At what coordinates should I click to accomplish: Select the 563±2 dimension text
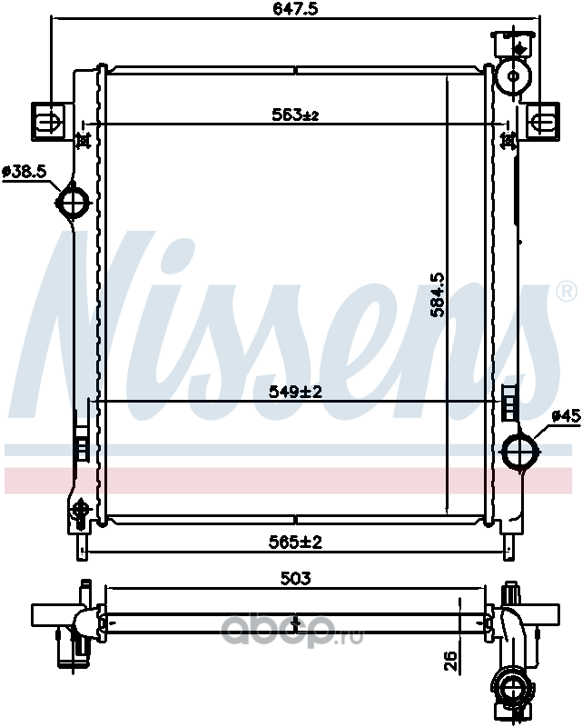pos(295,115)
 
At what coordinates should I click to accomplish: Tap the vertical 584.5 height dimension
pos(437,294)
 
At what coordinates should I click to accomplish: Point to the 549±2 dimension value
pos(295,393)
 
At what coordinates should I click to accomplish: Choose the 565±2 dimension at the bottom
pos(295,542)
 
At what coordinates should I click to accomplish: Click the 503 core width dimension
pos(295,578)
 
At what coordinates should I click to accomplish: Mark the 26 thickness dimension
pos(450,661)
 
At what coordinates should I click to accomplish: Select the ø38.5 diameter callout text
pos(25,172)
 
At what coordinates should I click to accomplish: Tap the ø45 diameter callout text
pos(566,416)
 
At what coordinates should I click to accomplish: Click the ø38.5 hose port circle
pos(73,201)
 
